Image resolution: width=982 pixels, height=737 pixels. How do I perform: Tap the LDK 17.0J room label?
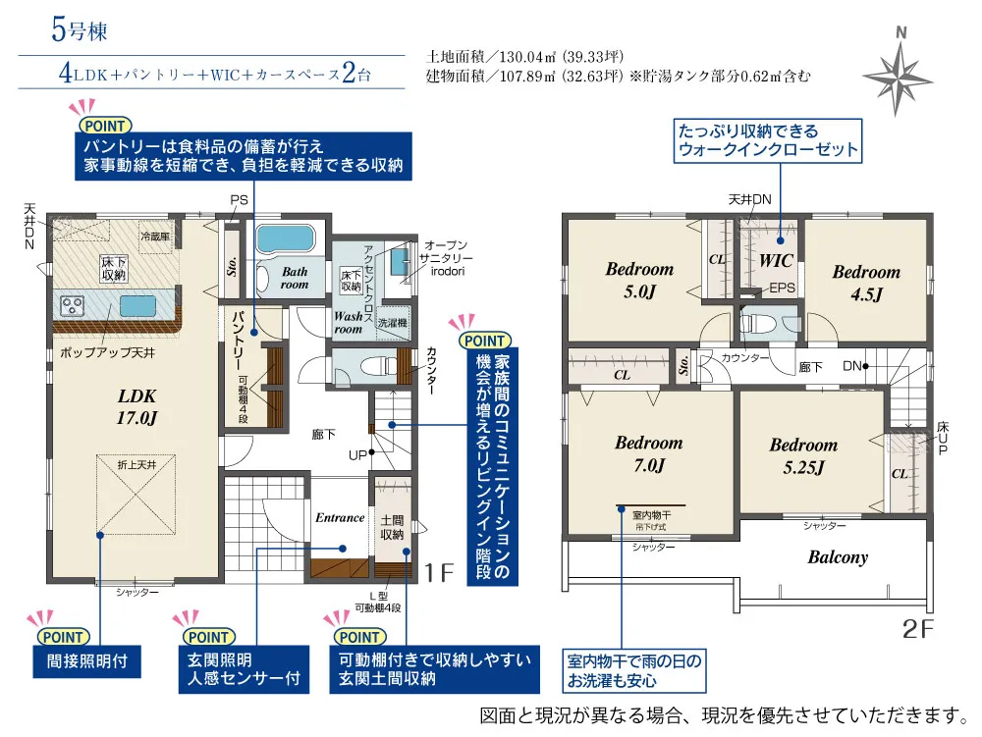click(x=138, y=406)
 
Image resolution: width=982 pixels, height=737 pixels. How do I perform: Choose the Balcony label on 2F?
click(x=838, y=557)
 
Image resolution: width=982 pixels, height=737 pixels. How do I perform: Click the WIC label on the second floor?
click(x=776, y=262)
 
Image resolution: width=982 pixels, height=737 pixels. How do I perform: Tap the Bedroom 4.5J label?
click(x=866, y=283)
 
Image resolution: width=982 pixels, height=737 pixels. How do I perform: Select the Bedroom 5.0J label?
click(x=639, y=280)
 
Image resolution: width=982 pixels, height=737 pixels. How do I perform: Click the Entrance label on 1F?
click(x=340, y=517)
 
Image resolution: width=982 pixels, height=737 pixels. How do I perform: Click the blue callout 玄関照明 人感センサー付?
click(x=237, y=669)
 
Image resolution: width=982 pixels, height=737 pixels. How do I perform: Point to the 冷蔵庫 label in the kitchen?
click(x=155, y=237)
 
